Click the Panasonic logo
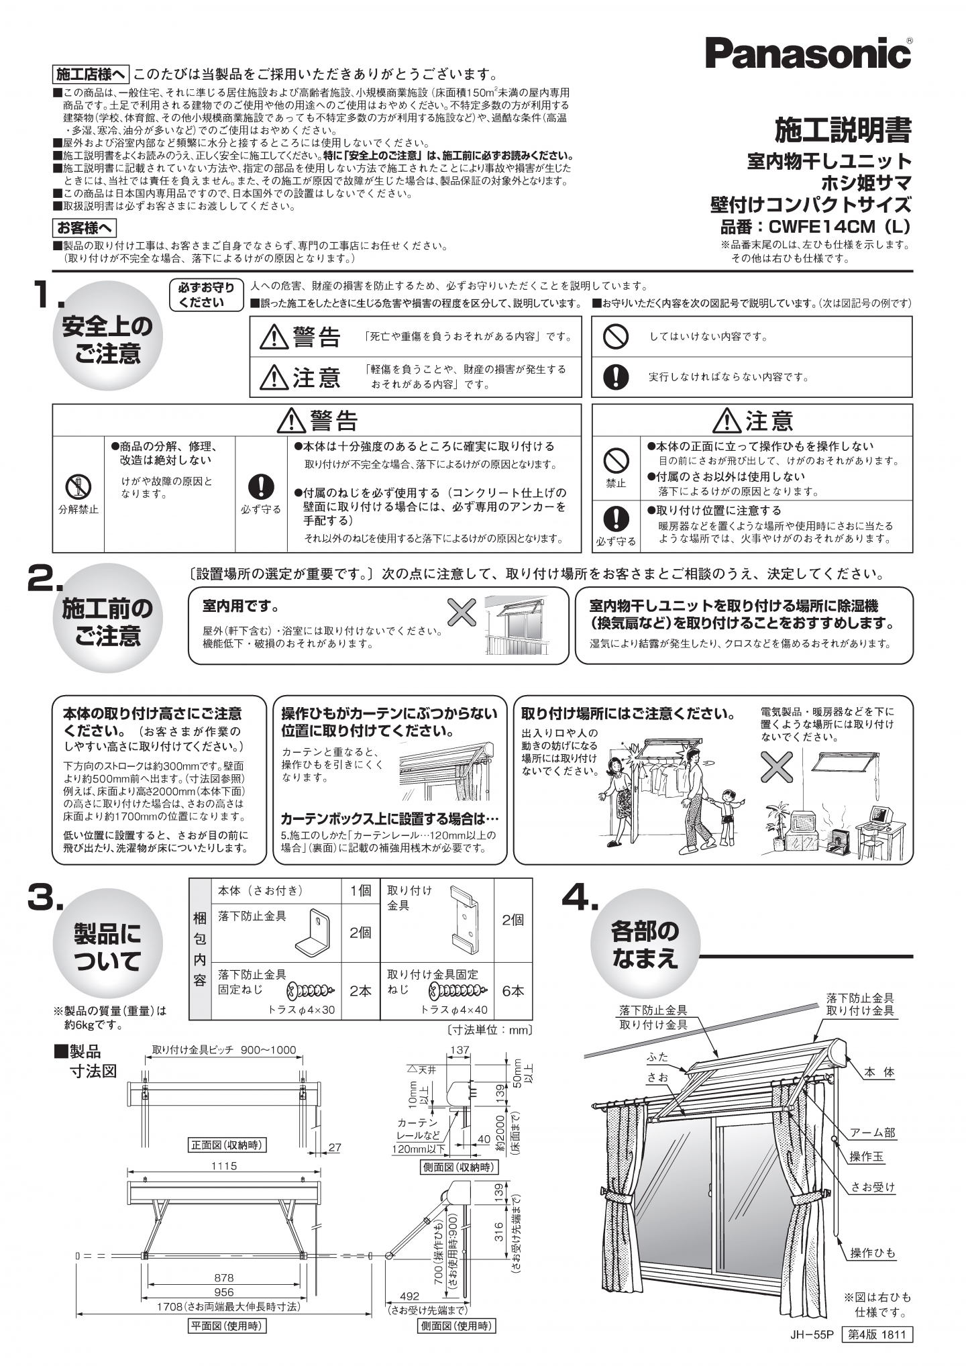pyautogui.click(x=808, y=52)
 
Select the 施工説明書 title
pyautogui.click(x=843, y=130)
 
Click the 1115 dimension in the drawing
pyautogui.click(x=224, y=1166)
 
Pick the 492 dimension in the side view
pyautogui.click(x=409, y=1296)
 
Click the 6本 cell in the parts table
pyautogui.click(x=513, y=991)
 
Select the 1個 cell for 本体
pyautogui.click(x=360, y=890)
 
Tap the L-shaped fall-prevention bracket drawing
pyautogui.click(x=313, y=933)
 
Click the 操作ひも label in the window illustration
pyautogui.click(x=873, y=1253)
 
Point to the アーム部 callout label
pyautogui.click(x=873, y=1133)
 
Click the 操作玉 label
pyautogui.click(x=867, y=1156)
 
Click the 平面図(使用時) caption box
pyautogui.click(x=225, y=1326)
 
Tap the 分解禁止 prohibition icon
pyautogui.click(x=78, y=484)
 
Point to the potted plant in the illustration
pyautogui.click(x=777, y=827)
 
